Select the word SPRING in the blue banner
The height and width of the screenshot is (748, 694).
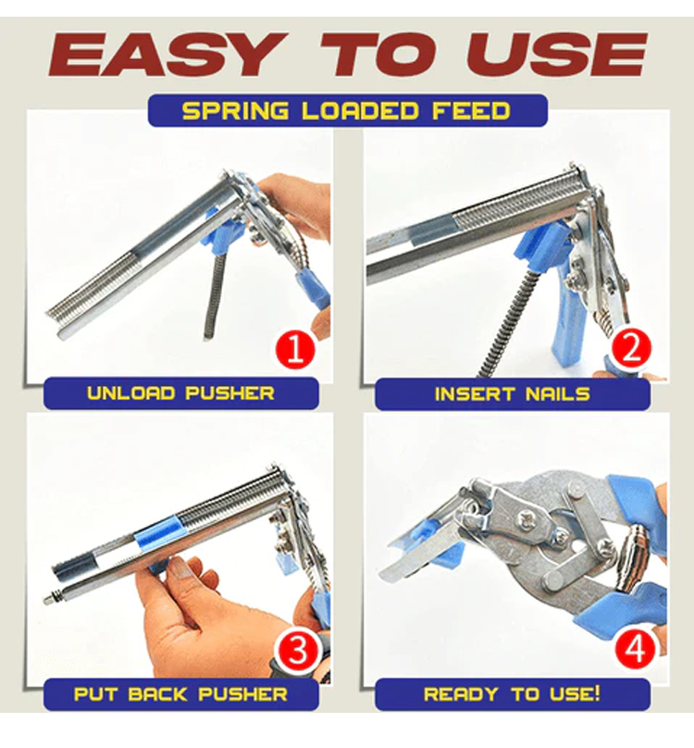[x=236, y=111]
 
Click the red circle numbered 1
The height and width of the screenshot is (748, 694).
[x=295, y=351]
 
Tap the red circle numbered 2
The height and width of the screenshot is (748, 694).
[x=630, y=349]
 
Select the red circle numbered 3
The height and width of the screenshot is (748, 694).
[x=298, y=651]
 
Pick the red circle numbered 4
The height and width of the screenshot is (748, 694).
[x=636, y=649]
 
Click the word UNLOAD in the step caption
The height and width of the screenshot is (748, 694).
[x=130, y=393]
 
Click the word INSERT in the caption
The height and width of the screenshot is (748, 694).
[x=475, y=394]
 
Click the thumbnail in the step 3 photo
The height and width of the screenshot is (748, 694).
[x=181, y=568]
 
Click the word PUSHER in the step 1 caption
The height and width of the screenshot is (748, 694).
[x=229, y=393]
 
